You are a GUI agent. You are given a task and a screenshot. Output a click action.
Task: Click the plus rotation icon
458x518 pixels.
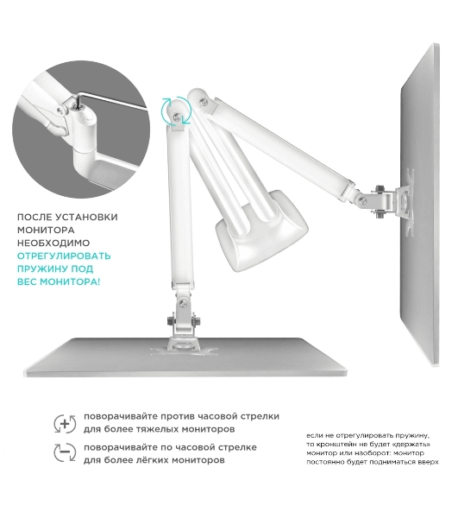click(x=65, y=424)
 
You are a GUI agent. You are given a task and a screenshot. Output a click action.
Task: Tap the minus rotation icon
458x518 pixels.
click(x=65, y=452)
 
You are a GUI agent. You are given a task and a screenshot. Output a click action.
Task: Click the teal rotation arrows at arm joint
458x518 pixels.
click(x=176, y=111)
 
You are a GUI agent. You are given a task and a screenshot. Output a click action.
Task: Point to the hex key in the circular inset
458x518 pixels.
click(x=109, y=100)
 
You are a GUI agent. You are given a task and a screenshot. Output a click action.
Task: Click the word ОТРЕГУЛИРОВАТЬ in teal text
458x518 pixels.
click(x=64, y=256)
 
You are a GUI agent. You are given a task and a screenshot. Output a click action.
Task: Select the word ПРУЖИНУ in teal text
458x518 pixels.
click(x=42, y=268)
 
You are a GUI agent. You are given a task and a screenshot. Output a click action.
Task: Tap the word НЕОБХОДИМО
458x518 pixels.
click(x=53, y=243)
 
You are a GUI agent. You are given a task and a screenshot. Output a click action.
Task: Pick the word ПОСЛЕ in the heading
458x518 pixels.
click(x=35, y=217)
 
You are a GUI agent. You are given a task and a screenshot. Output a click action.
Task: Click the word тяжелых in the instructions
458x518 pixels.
click(x=150, y=429)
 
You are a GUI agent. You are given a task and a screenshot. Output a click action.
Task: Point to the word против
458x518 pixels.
click(x=173, y=417)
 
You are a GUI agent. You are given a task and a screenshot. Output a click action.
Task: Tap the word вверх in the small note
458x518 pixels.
click(x=430, y=462)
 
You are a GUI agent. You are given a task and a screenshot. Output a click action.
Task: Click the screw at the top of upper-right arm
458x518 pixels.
click(x=204, y=100)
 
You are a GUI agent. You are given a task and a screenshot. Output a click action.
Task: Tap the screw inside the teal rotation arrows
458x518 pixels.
click(x=177, y=116)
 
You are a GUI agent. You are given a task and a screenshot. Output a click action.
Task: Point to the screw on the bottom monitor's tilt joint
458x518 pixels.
click(x=183, y=303)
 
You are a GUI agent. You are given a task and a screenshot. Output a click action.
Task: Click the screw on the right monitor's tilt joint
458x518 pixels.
click(x=362, y=200)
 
